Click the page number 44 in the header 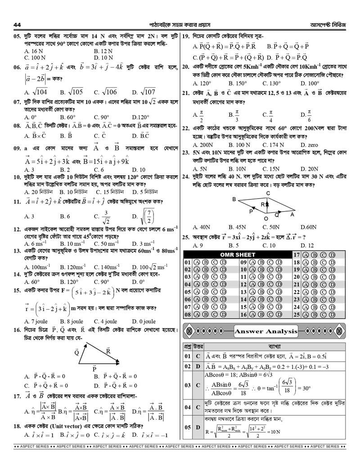(x=18, y=24)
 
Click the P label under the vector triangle (x=94, y=368)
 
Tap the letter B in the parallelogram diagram (x=234, y=199)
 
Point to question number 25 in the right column (x=186, y=237)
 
